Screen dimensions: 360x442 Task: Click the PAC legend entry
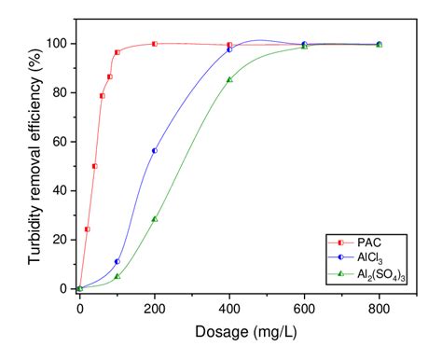364,242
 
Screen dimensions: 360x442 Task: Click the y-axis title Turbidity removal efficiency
35,159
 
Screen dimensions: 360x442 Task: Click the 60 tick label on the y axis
58,142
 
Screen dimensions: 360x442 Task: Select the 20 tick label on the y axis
58,240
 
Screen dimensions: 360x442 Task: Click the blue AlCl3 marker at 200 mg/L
155,150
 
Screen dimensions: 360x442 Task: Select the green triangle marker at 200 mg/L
155,219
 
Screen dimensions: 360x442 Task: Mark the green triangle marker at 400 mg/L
229,79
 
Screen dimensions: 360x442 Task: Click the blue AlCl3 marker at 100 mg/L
117,261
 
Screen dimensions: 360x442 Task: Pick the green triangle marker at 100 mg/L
117,276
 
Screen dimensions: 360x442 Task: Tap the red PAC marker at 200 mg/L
155,44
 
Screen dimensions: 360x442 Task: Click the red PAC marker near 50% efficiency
94,166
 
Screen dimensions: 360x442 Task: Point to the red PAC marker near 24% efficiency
87,228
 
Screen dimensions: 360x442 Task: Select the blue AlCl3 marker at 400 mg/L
229,48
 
